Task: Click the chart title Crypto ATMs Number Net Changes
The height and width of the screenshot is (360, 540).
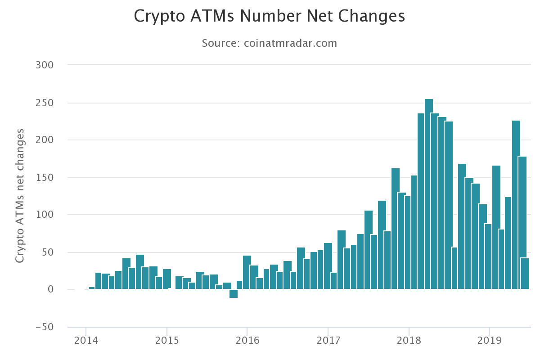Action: pos(270,16)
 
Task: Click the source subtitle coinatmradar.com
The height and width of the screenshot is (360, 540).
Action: pos(290,43)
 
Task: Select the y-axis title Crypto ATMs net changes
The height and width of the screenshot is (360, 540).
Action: pos(20,196)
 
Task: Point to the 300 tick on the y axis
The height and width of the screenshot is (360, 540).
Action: pos(44,65)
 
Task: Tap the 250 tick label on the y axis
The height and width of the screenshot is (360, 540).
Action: pos(44,103)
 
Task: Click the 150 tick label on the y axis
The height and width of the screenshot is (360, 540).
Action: pos(44,178)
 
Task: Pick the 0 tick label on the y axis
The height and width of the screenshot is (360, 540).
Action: pos(50,290)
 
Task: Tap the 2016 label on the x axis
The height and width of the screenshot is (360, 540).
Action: pos(247,340)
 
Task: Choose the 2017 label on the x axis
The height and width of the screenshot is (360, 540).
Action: pos(328,340)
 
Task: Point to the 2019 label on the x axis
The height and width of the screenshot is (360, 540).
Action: pos(489,340)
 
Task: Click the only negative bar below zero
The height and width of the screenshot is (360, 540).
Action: pos(234,293)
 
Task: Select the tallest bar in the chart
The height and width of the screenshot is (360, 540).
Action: pos(429,193)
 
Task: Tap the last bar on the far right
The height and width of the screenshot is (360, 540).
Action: pos(525,273)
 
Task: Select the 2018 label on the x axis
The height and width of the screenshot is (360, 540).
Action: pos(409,340)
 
